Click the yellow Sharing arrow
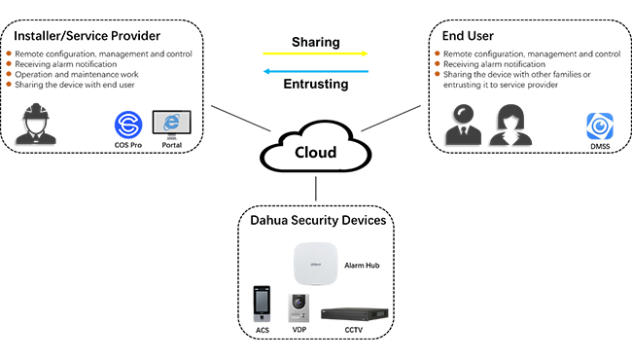tap(315, 54)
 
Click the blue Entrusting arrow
tap(316, 71)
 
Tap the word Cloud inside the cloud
tap(315, 153)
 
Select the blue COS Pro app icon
tap(128, 125)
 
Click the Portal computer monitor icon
tap(172, 125)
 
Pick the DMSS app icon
tap(600, 126)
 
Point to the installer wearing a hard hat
tap(36, 124)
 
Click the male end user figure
tap(464, 125)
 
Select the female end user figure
tap(510, 125)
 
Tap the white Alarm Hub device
tap(315, 264)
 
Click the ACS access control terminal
tap(262, 304)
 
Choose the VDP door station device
tap(298, 308)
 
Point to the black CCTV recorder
tap(355, 314)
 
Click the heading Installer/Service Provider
tap(88, 36)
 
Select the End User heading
tap(468, 36)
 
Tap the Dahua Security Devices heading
tap(318, 221)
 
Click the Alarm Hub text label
tap(362, 266)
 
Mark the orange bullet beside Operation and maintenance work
tap(9, 74)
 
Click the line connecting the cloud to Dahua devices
tap(316, 188)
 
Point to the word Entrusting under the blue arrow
tap(316, 85)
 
